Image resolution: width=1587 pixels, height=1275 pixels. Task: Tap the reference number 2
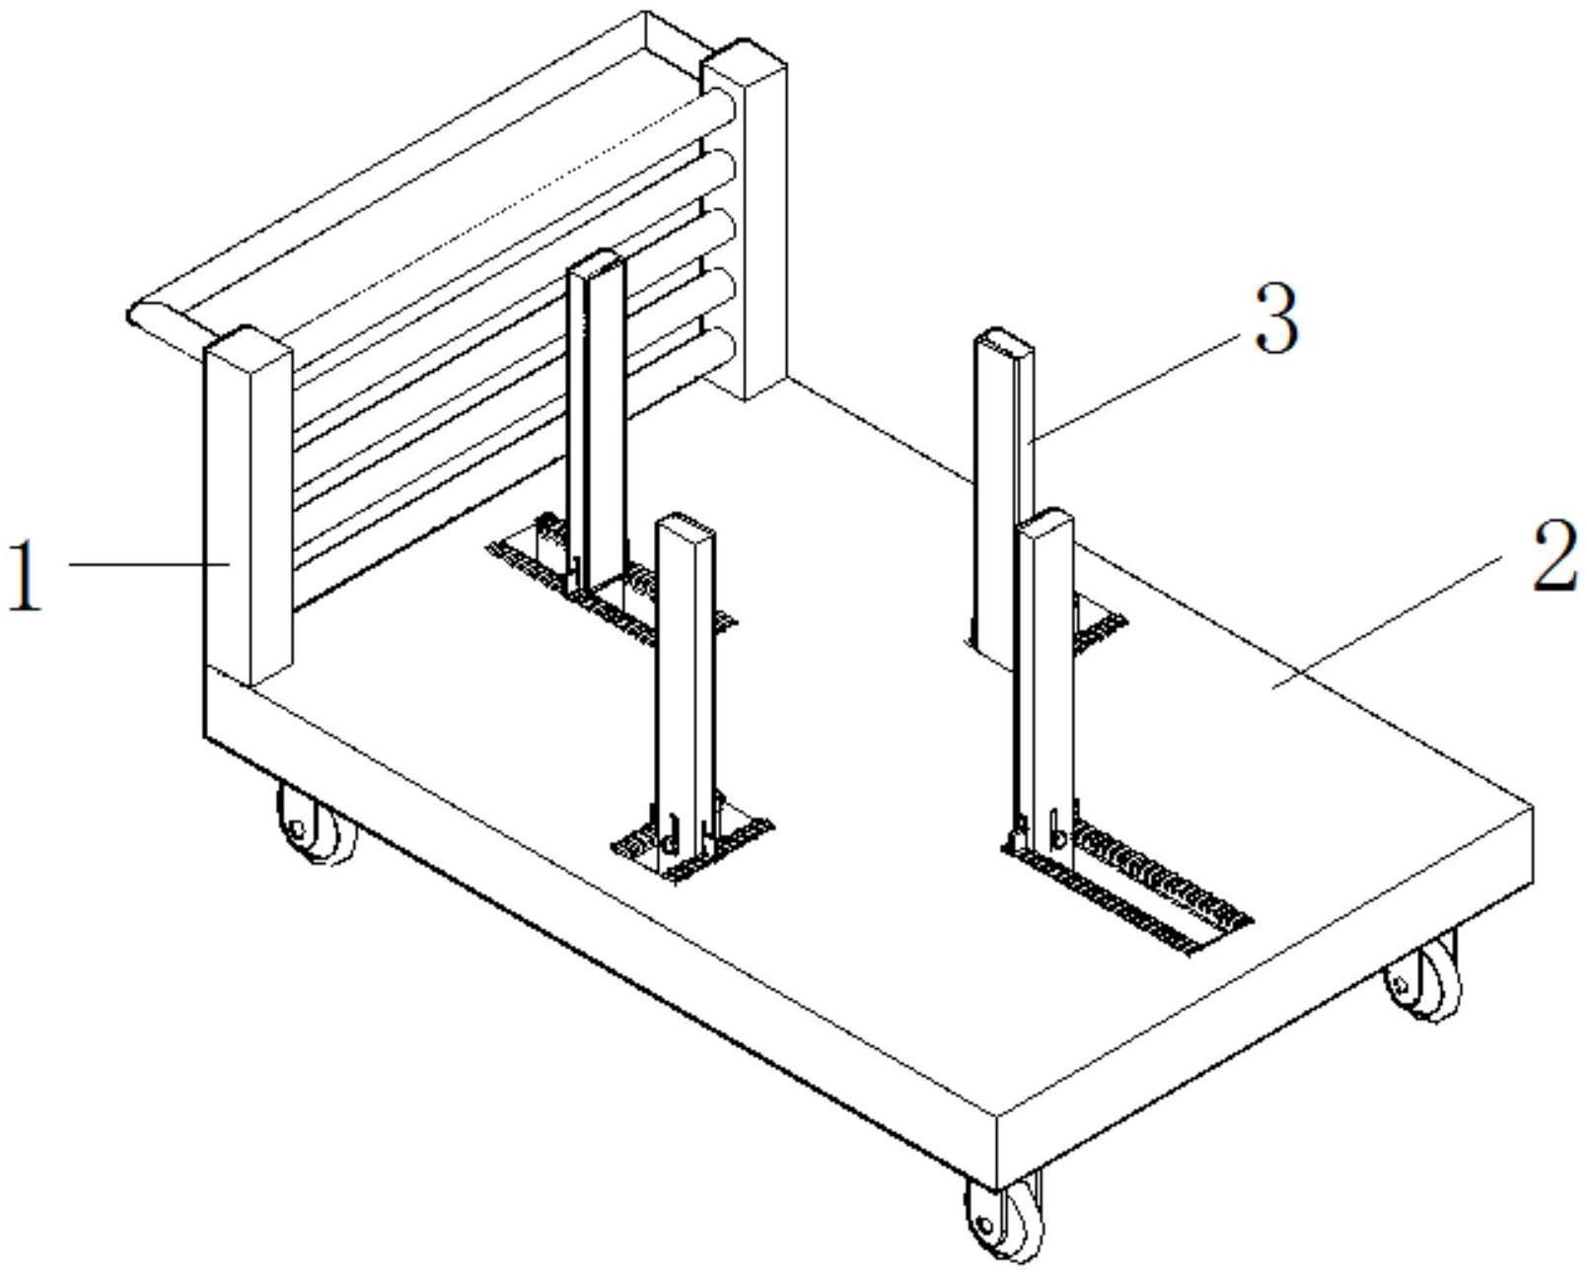click(1554, 557)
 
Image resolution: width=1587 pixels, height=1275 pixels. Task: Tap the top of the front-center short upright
click(685, 525)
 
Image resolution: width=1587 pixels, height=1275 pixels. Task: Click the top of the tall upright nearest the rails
click(596, 262)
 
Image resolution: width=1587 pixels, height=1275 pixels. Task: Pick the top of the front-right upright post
click(1046, 521)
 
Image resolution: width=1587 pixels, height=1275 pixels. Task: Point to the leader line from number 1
click(148, 564)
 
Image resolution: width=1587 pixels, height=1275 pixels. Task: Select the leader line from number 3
click(1134, 389)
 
